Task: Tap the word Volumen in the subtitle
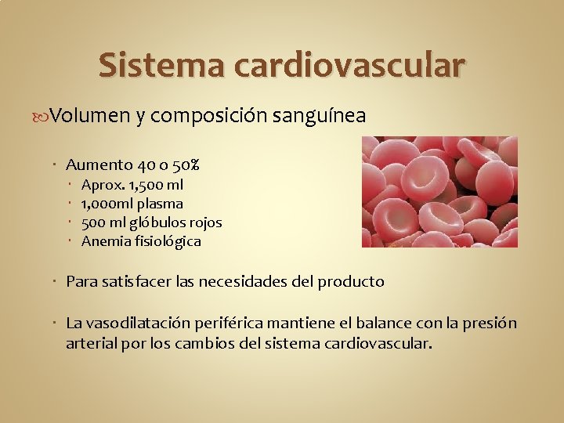[x=91, y=116]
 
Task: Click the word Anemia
[x=104, y=241]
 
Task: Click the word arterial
[x=92, y=342]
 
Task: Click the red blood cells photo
[x=439, y=192]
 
